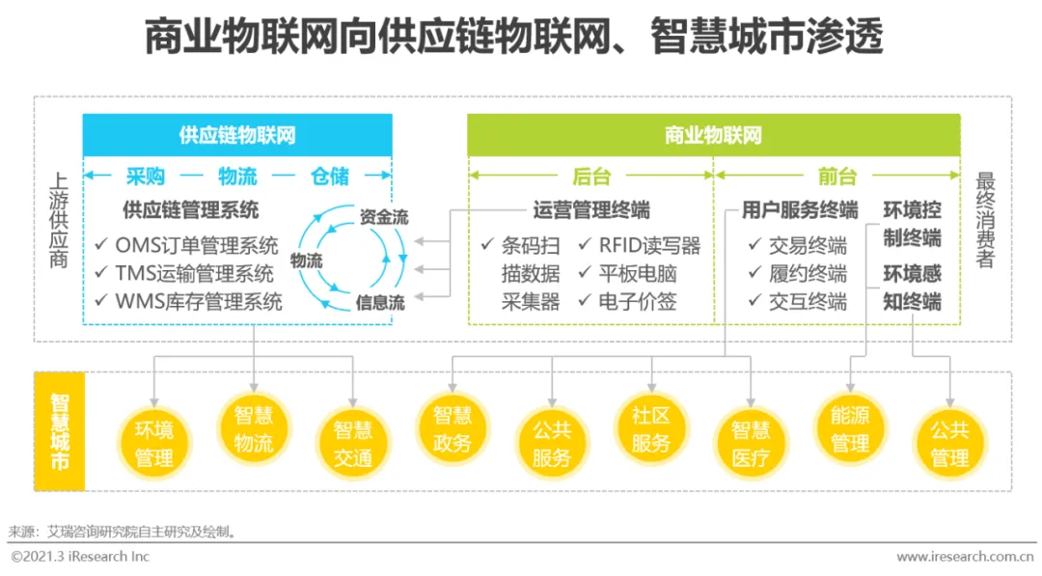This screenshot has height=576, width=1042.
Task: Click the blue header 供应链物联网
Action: tap(237, 135)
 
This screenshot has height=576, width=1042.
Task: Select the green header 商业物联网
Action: tap(713, 135)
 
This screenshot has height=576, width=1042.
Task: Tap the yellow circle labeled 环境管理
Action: tap(154, 442)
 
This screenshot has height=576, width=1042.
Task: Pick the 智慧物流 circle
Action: tap(254, 429)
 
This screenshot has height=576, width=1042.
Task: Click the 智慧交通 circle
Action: tap(353, 442)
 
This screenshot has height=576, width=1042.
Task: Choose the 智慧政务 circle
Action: tap(452, 429)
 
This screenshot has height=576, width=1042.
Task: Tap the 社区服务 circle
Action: tap(651, 429)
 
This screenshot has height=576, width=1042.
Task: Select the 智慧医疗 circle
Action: tap(751, 442)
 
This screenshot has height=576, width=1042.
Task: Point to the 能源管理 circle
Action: tap(850, 429)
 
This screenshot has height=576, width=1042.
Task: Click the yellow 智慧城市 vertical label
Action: tap(60, 431)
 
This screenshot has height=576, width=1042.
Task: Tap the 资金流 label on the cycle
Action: tap(384, 217)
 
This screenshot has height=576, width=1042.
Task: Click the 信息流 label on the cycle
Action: tap(380, 302)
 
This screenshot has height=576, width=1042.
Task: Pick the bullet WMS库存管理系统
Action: tap(199, 302)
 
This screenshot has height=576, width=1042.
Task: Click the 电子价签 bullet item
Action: tap(638, 302)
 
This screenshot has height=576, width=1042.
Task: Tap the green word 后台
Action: tap(591, 177)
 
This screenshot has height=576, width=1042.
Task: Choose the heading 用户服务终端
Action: tap(800, 210)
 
